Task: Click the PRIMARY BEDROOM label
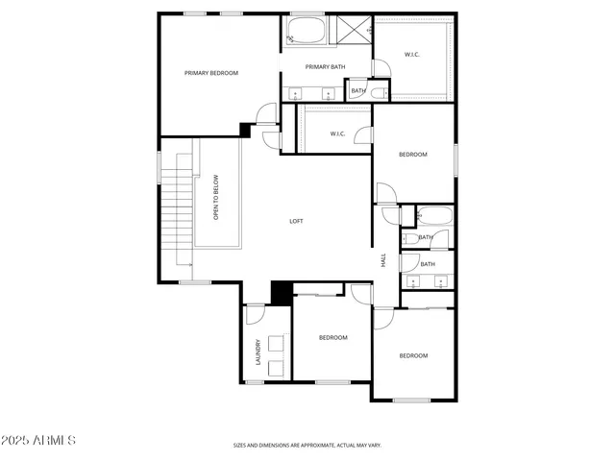click(x=211, y=73)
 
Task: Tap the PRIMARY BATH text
click(x=325, y=66)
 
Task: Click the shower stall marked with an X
click(x=351, y=30)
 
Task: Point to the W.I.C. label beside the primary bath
click(x=411, y=55)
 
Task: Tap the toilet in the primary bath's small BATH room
click(x=380, y=93)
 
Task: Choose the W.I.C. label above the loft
click(x=338, y=133)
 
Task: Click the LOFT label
click(x=297, y=221)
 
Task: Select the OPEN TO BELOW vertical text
click(x=216, y=197)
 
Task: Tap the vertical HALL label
click(x=383, y=260)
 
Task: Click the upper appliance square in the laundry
click(x=277, y=343)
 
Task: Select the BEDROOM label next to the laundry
click(x=332, y=337)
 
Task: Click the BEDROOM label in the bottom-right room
click(x=413, y=355)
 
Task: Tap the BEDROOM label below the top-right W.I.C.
click(x=413, y=155)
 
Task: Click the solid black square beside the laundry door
click(x=282, y=291)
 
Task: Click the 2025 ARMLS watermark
click(x=39, y=440)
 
